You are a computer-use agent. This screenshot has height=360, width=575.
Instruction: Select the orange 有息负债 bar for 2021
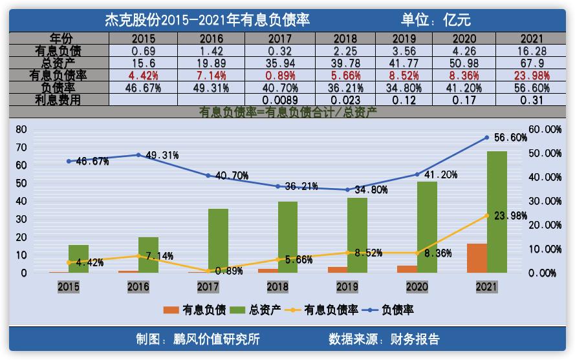point(477,258)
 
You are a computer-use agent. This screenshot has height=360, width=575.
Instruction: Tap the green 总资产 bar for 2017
point(218,240)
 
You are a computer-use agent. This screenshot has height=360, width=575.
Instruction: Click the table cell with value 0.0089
point(279,100)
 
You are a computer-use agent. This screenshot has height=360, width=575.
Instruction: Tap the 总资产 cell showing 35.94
point(279,63)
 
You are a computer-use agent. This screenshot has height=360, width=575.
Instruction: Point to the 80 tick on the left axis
point(21,129)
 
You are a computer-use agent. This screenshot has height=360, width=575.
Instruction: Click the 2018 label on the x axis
point(277,286)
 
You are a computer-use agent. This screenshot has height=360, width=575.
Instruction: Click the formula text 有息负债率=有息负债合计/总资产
point(287,112)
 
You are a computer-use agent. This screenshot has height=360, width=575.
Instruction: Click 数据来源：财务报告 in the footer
point(384,339)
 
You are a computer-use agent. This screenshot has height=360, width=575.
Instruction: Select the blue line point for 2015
point(69,161)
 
